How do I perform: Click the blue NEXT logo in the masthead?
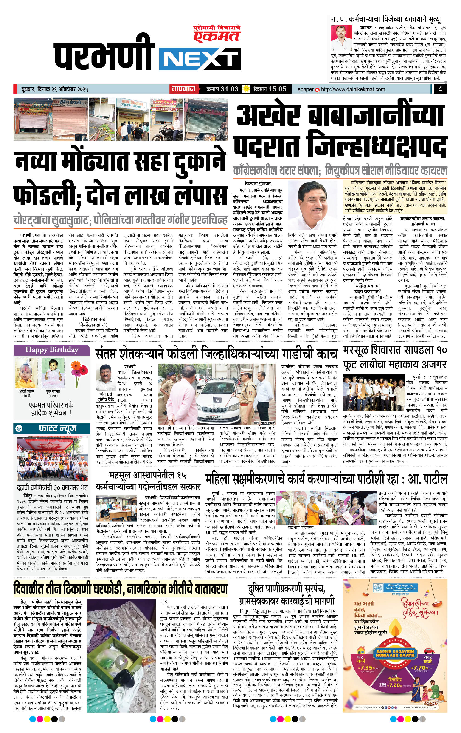pos(200,58)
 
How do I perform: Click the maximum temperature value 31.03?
pos(229,89)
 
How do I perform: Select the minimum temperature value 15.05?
pos(277,89)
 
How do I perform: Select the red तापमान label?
pos(183,89)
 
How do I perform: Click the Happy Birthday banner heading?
pos(52,350)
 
